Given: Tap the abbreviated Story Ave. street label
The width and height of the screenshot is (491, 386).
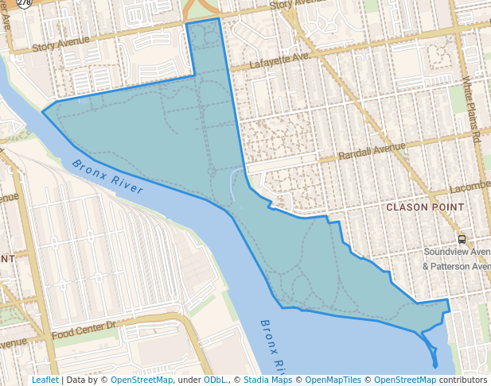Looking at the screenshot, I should [x=293, y=5].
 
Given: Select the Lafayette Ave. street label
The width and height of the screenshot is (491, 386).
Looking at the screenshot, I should [x=279, y=62].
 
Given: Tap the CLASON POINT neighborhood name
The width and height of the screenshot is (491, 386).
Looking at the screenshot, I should [x=424, y=207].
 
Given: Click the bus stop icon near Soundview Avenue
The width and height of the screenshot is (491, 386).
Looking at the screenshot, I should [x=462, y=239].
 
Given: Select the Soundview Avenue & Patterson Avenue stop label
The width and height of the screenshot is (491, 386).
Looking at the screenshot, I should [x=457, y=259].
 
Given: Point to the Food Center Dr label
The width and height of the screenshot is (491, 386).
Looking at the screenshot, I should [x=84, y=328].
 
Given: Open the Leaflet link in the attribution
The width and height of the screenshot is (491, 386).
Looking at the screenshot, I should [x=45, y=380].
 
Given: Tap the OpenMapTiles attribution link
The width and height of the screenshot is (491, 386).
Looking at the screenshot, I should [x=333, y=380].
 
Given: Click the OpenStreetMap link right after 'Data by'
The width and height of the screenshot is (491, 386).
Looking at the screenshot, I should [x=141, y=380].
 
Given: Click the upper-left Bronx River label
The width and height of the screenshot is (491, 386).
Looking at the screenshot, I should [x=107, y=176].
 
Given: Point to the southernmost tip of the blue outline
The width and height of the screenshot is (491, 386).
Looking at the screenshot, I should [x=435, y=366].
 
